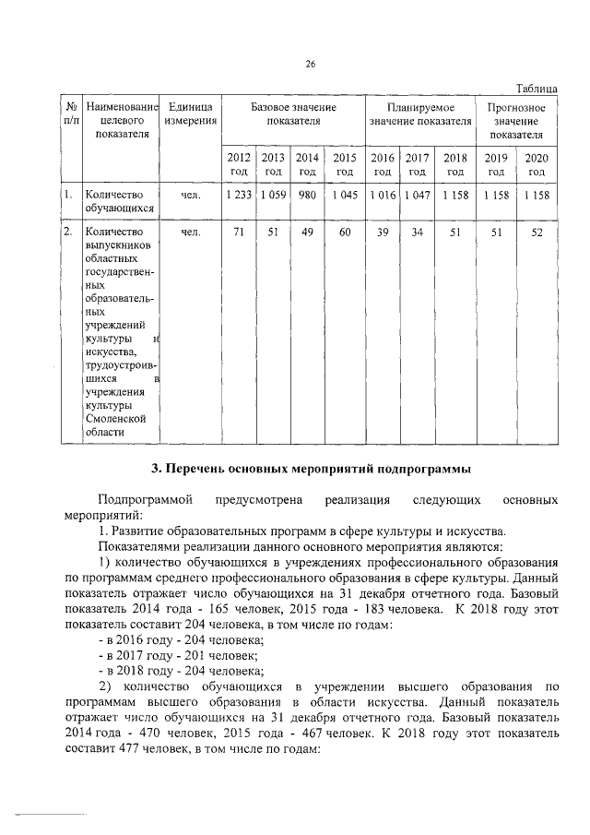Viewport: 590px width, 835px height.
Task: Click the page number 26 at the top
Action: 311,64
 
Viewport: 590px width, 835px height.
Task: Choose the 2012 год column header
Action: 239,164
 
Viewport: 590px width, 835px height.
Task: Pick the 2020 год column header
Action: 537,164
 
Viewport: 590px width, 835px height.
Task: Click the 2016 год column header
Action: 382,164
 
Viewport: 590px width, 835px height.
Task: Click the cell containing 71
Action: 239,233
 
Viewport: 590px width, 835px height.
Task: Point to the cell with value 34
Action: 417,233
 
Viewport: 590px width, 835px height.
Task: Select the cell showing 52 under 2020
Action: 537,233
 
